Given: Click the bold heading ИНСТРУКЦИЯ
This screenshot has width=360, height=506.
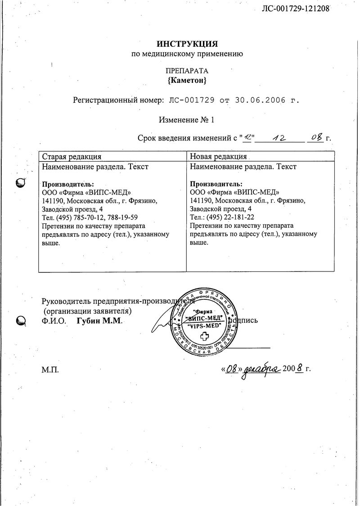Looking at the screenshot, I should [187, 44].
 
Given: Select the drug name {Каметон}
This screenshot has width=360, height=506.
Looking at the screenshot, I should [187, 81].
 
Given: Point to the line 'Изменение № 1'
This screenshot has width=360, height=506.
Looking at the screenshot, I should [187, 120].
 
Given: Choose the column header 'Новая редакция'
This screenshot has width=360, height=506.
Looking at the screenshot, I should [219, 157].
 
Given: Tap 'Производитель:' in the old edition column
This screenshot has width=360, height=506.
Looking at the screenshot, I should [68, 184].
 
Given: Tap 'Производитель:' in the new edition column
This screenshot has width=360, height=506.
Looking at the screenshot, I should [216, 184].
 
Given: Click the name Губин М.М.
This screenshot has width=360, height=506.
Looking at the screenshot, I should [99, 321].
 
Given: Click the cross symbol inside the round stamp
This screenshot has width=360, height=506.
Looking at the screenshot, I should [204, 336].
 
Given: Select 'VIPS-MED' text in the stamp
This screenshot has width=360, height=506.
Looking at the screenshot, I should [204, 325].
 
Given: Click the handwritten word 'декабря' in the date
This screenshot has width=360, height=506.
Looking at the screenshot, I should [262, 370].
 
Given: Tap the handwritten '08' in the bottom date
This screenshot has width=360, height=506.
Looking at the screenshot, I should [232, 370].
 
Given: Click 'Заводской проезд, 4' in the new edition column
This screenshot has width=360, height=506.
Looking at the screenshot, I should [221, 209].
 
